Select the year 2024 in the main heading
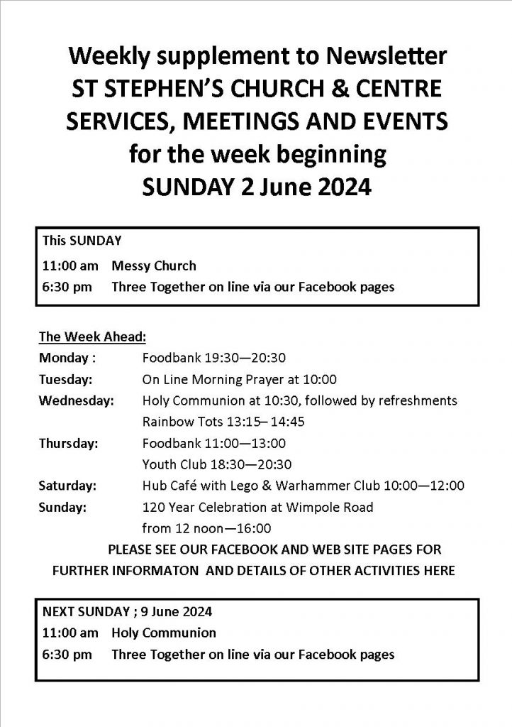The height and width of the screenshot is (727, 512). (339, 187)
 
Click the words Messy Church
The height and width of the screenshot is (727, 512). (153, 266)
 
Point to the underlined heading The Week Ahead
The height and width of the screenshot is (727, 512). (92, 336)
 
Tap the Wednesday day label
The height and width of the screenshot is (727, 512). (77, 400)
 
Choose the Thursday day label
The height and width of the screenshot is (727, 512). (69, 444)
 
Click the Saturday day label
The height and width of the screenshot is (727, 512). (68, 486)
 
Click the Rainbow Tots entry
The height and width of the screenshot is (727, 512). (223, 422)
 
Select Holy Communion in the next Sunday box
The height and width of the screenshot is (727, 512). (163, 632)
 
